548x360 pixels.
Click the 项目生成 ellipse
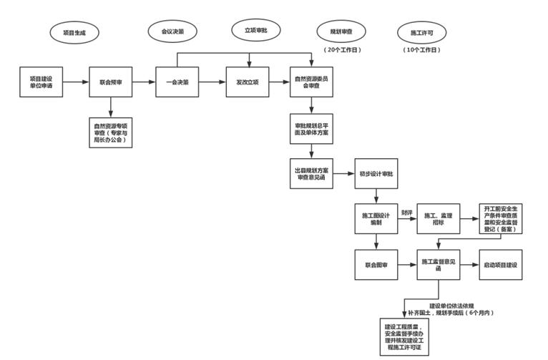[74, 33]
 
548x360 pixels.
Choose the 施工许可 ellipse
[421, 33]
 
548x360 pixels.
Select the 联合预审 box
[111, 82]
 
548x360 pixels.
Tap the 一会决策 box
[177, 82]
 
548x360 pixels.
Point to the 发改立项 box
[248, 82]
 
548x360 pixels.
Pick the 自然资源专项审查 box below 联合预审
[111, 132]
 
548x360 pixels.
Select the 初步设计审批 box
[376, 174]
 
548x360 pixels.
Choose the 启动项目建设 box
[501, 265]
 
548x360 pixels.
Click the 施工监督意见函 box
[439, 265]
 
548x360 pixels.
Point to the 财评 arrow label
[406, 213]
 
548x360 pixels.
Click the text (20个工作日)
[342, 50]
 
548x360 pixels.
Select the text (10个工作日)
[421, 50]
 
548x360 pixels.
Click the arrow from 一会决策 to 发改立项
[212, 82]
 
